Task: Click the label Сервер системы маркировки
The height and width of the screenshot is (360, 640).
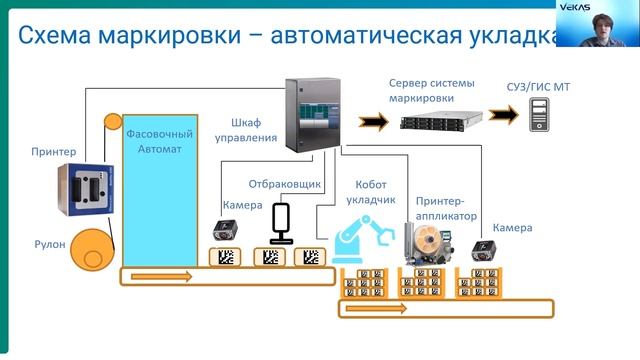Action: coord(431,90)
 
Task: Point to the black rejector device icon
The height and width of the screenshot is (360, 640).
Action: coord(281,223)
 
